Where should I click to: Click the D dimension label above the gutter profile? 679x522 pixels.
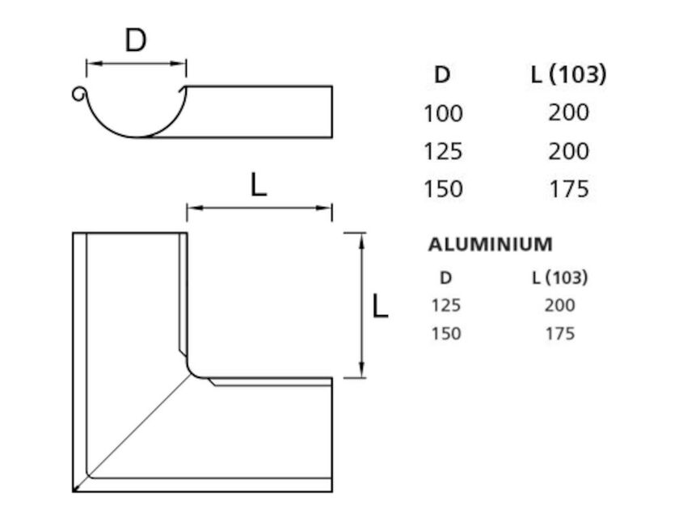pos(136,40)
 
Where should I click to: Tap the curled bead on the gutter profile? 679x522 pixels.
pos(78,95)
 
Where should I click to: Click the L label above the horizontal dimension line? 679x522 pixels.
pos(258,186)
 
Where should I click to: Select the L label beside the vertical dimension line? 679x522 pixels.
pos(379,305)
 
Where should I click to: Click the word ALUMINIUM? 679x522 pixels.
pos(490,244)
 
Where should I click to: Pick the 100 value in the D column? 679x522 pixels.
pos(443,113)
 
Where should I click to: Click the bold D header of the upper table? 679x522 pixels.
pos(442,75)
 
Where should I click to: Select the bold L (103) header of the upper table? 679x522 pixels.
pos(567,75)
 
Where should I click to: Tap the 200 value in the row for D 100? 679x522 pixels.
pos(567,112)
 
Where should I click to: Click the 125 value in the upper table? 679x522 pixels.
pos(443,151)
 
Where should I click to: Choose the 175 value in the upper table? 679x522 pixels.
pos(567,189)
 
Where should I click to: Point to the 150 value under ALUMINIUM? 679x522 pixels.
pos(445,333)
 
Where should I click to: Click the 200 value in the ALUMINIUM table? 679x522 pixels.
pos(559,305)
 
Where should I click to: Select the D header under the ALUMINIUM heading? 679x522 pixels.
pos(445,278)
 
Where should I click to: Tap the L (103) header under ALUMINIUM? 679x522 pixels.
pos(559,278)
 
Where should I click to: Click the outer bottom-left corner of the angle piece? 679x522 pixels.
pos(74,490)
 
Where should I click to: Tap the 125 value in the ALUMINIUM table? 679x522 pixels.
pos(445,305)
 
